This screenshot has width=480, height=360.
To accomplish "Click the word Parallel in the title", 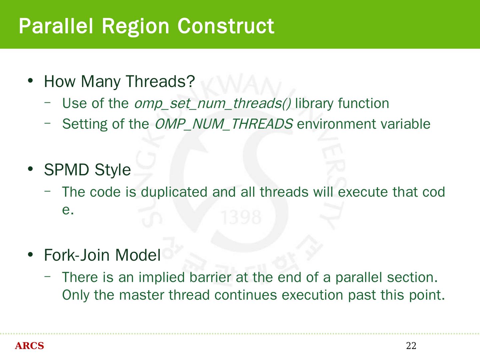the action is (x=56, y=26).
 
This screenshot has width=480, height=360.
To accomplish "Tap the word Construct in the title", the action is (x=226, y=26).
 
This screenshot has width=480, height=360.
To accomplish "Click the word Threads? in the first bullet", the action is (x=160, y=81).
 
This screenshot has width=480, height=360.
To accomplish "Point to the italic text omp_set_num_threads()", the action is (x=213, y=104).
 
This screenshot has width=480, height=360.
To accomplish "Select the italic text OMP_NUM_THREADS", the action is (x=224, y=124).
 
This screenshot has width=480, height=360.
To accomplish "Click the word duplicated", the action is (x=174, y=192).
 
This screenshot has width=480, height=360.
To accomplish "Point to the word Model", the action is (x=138, y=255).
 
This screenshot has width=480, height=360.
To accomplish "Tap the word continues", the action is (x=246, y=295).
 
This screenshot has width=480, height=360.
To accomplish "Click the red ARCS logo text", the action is (x=29, y=346).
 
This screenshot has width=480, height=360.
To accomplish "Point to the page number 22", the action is (x=411, y=346).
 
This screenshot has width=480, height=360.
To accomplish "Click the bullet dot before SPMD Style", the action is (x=30, y=169).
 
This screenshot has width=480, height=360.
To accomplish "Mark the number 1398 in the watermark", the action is (x=241, y=217).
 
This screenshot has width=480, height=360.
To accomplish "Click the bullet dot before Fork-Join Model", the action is (x=30, y=254).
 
